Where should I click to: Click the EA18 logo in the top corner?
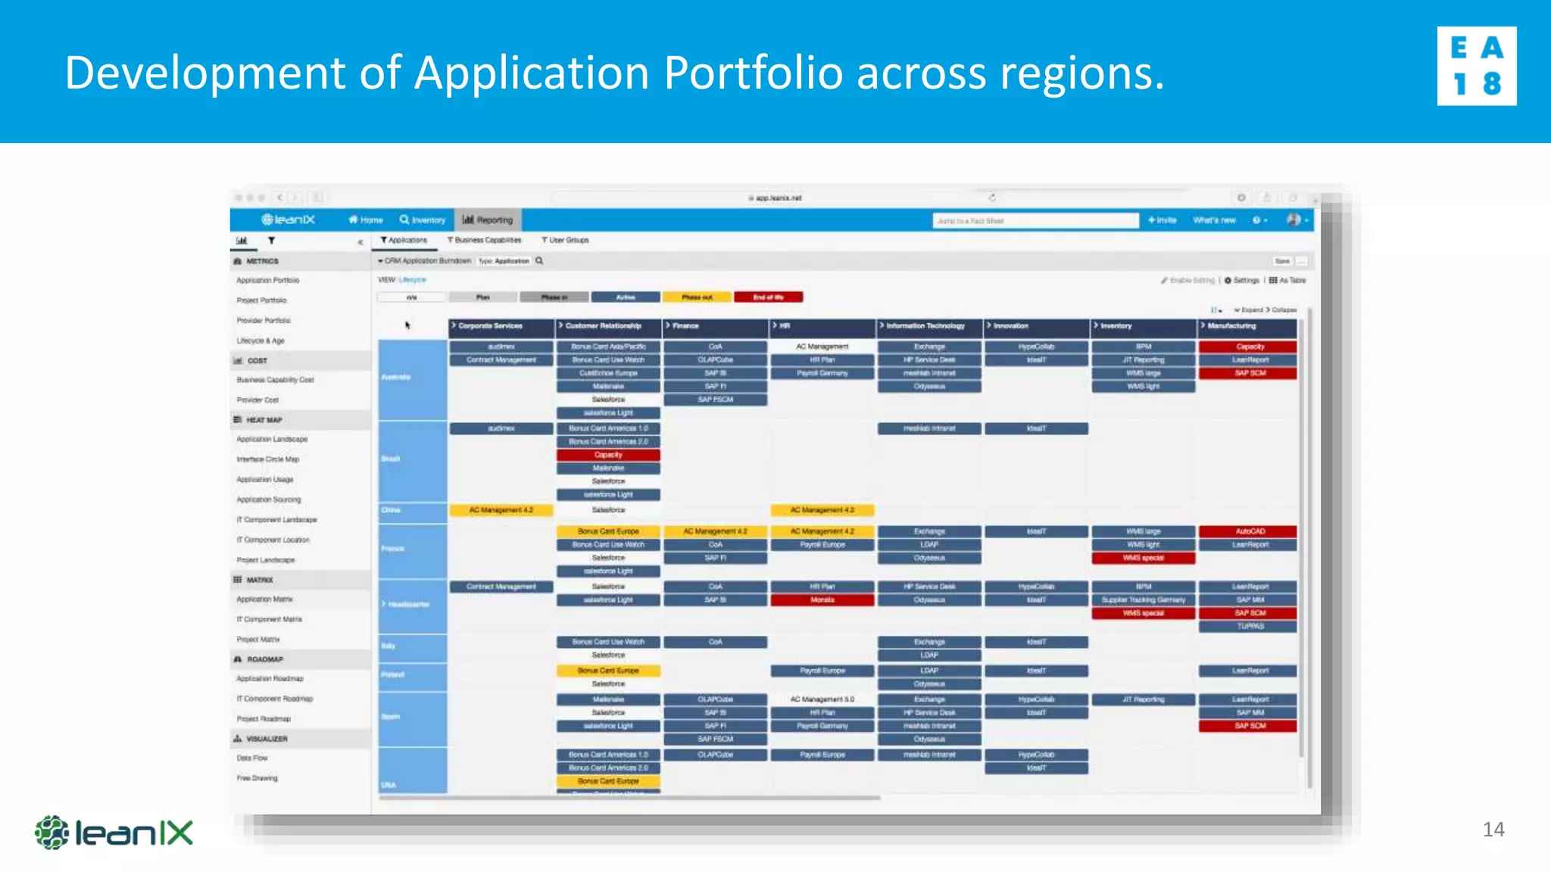pos(1476,66)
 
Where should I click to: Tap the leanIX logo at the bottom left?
pos(114,833)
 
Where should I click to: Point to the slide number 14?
pos(1493,830)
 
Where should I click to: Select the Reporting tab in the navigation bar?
pos(488,220)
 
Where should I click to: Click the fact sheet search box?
pos(1035,221)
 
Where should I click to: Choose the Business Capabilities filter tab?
pos(485,240)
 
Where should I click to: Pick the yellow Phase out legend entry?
pos(697,297)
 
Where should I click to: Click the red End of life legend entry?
pos(768,297)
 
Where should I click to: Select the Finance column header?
pos(716,326)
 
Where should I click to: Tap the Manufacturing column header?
pos(1247,326)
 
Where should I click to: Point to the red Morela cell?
pos(822,600)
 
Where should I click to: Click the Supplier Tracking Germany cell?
pos(1143,600)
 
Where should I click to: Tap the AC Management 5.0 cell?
pos(822,699)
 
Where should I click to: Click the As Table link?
pos(1287,281)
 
